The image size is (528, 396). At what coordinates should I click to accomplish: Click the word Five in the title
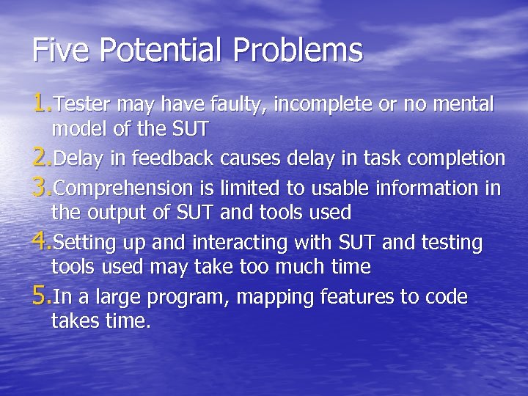click(x=62, y=51)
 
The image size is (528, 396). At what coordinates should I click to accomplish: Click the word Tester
click(x=78, y=105)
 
